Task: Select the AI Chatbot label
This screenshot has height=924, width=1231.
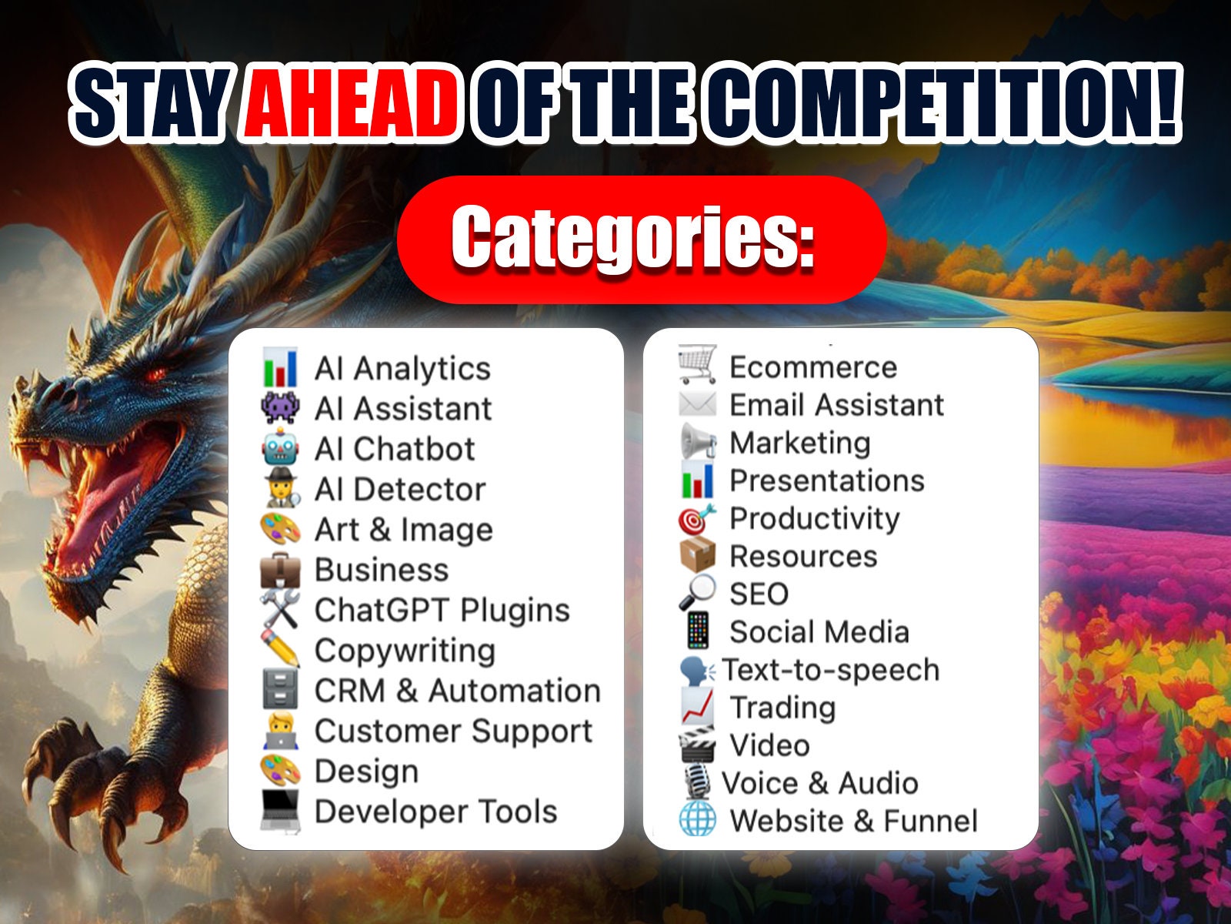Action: [x=395, y=449]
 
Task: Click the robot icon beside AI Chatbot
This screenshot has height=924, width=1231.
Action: [x=279, y=449]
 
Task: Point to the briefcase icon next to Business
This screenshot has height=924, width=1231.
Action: [x=279, y=571]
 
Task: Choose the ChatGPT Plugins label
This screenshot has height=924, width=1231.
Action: [x=442, y=611]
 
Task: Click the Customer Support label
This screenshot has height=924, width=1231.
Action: [x=454, y=731]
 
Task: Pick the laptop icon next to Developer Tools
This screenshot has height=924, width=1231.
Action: [x=279, y=811]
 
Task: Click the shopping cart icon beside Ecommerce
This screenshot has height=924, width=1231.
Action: [x=697, y=364]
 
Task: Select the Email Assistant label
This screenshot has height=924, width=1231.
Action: [x=836, y=405]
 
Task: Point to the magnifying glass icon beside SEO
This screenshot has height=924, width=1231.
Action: [x=697, y=594]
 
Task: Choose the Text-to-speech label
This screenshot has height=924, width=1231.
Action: [x=831, y=670]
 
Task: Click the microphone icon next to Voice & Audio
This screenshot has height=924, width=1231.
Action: [x=697, y=782]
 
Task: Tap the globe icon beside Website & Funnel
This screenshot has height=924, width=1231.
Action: [x=697, y=820]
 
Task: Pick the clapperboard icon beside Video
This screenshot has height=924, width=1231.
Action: [x=697, y=745]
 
